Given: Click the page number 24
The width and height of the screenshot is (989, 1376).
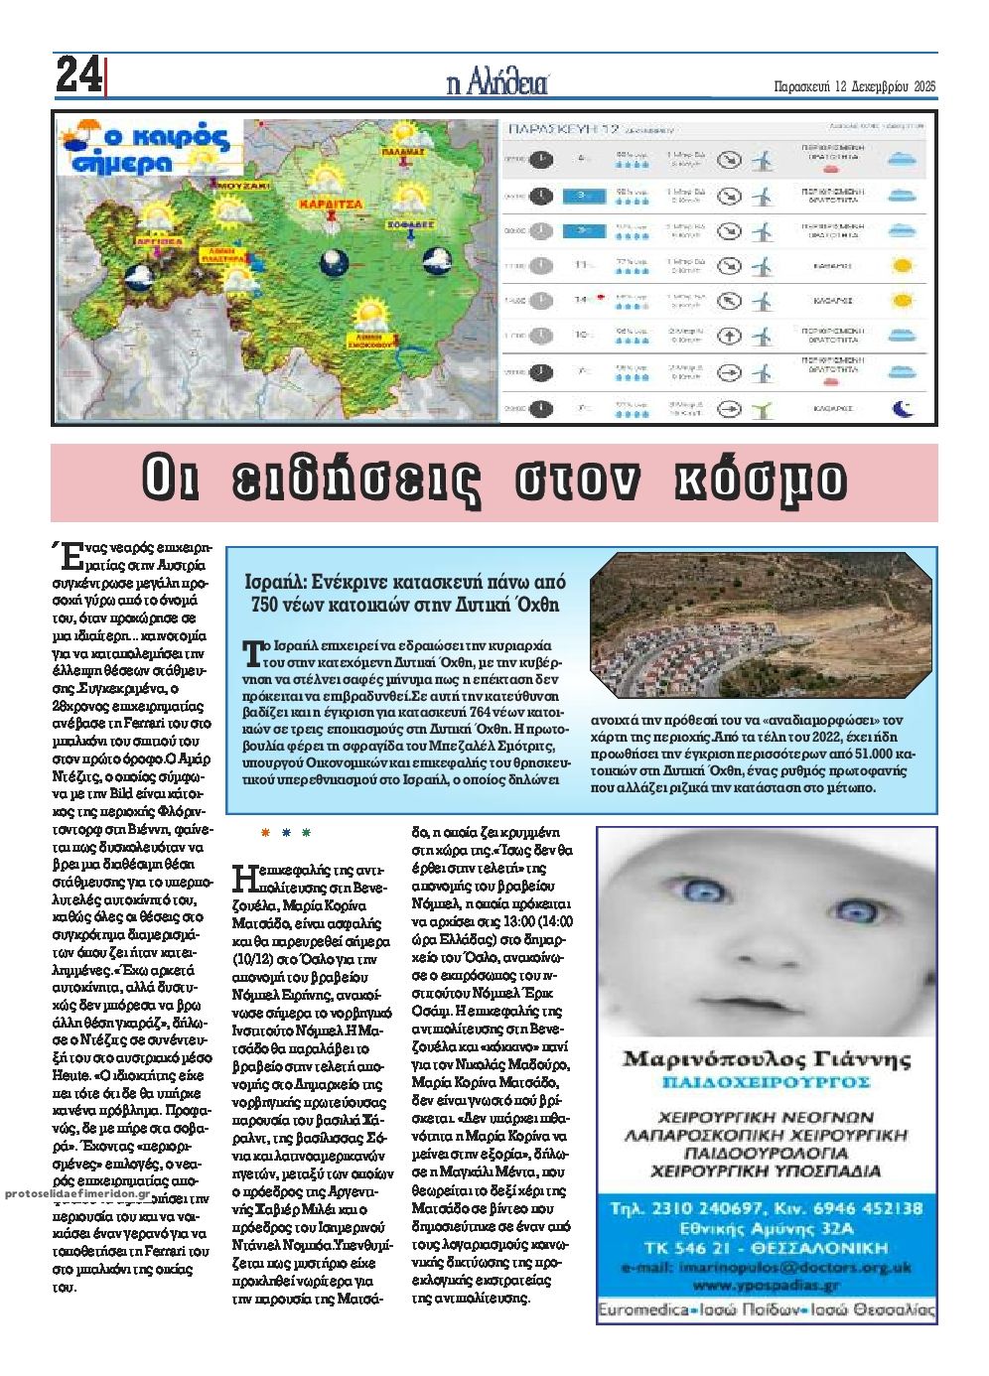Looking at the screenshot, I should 77,74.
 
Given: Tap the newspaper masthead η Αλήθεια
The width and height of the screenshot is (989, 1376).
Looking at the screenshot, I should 497,83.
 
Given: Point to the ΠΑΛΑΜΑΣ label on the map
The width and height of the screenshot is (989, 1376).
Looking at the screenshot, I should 402,153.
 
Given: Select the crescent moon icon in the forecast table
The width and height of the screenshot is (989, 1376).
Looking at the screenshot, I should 902,407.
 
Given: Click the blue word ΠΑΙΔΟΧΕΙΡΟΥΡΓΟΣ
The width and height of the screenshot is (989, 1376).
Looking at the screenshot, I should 766,1081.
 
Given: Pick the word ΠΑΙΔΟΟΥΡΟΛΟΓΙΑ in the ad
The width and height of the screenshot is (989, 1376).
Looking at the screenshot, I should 766,1153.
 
